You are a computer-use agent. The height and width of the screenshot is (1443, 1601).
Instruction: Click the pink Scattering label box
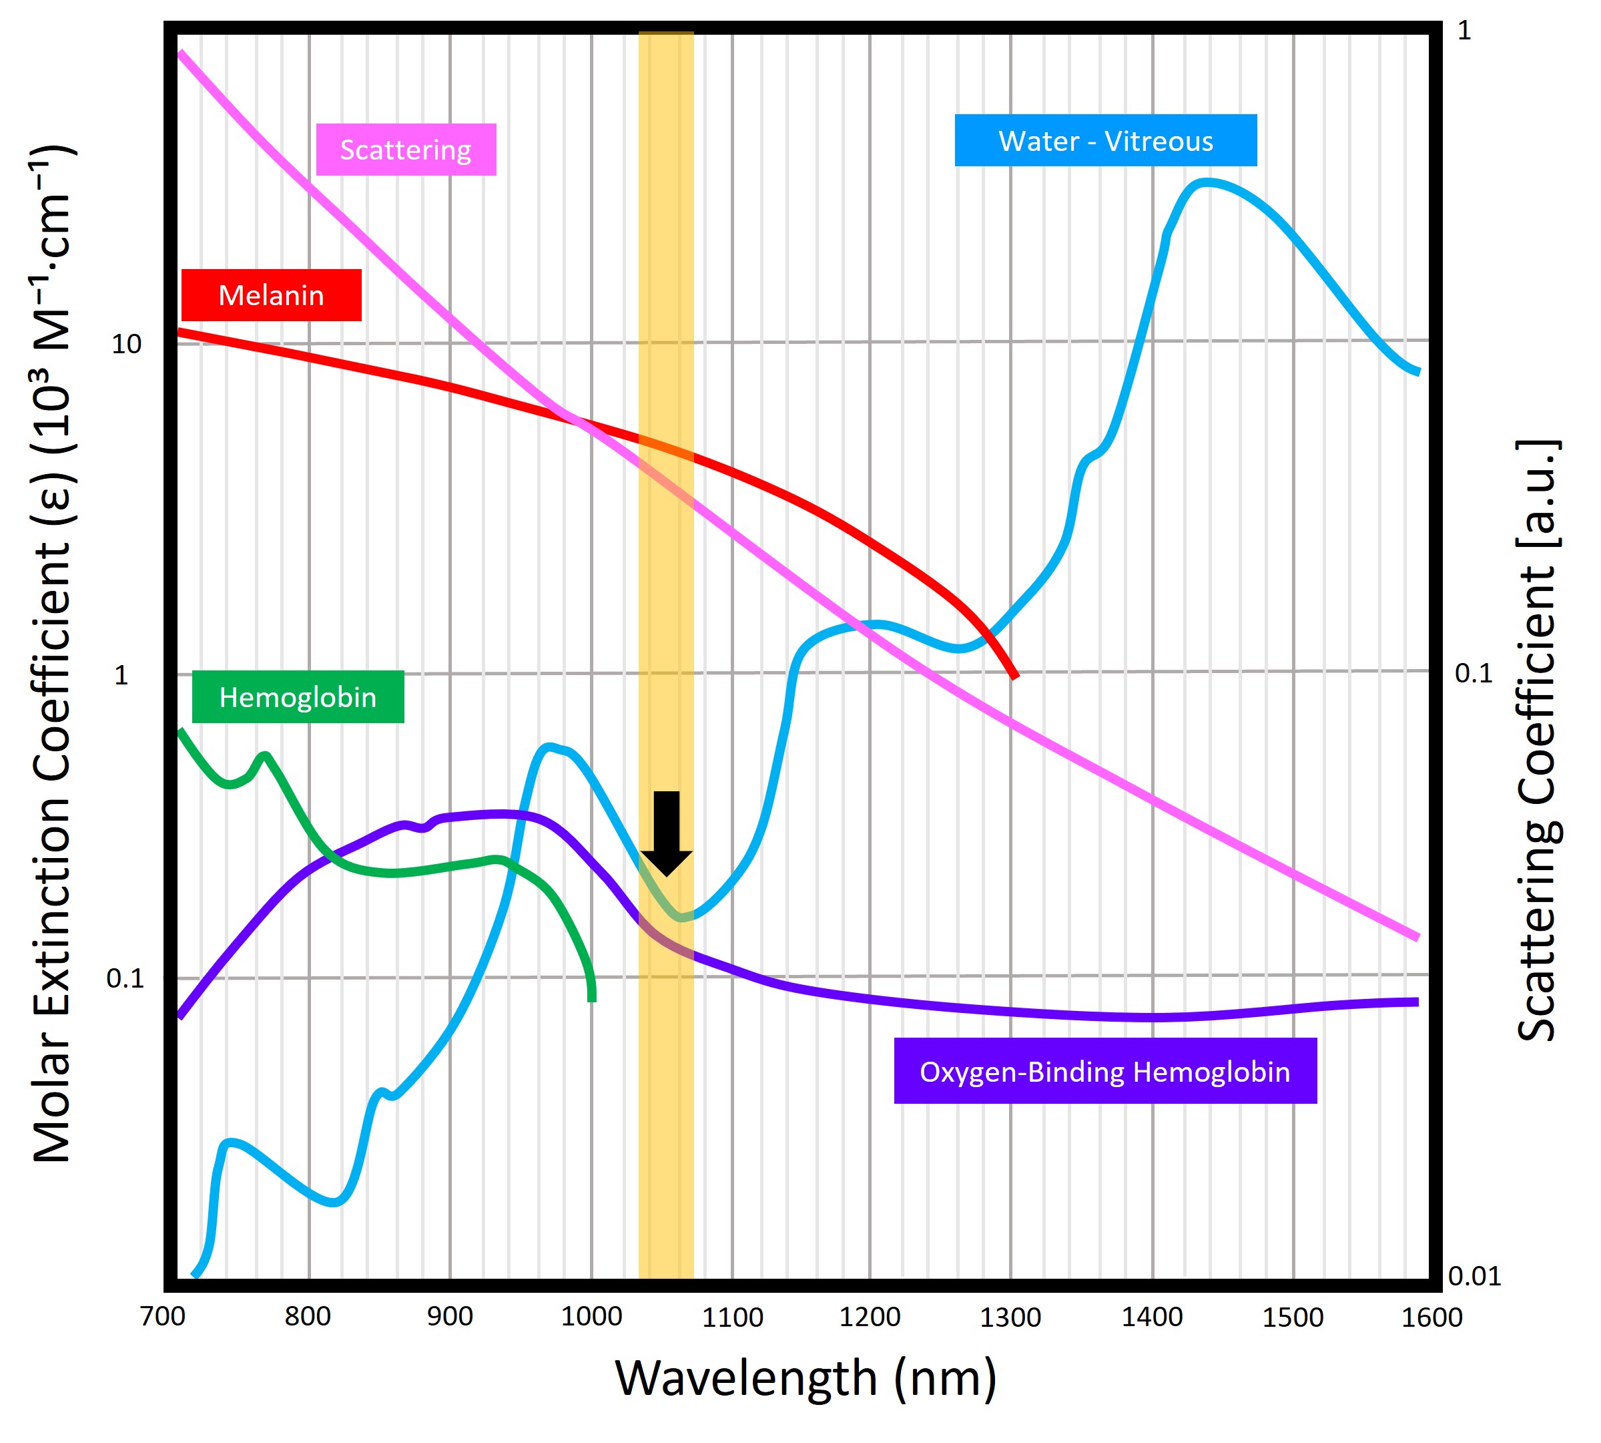point(406,149)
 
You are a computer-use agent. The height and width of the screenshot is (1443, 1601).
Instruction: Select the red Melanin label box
point(271,295)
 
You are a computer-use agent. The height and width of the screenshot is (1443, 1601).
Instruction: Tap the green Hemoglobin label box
point(298,697)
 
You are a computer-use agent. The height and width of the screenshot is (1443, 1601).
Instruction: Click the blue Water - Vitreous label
point(1105,140)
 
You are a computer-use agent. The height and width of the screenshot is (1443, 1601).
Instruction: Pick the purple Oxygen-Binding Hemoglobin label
point(1105,1071)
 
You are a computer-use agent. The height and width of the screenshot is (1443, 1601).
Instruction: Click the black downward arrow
point(667,833)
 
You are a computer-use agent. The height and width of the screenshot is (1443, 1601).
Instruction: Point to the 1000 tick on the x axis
point(591,1317)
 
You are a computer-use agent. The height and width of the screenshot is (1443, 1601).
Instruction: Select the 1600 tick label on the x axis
point(1431,1317)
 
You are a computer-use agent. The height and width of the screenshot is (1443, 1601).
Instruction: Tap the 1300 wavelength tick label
point(1010,1317)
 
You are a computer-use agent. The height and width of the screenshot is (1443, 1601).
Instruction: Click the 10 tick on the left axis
point(126,344)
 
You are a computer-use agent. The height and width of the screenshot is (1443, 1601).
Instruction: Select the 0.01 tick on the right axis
point(1474,1277)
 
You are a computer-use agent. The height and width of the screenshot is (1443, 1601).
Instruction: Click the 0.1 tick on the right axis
point(1473,673)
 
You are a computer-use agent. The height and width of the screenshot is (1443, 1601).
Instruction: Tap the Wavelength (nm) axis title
point(806,1378)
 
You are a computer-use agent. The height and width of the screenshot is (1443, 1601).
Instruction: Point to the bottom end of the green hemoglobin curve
point(592,999)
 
